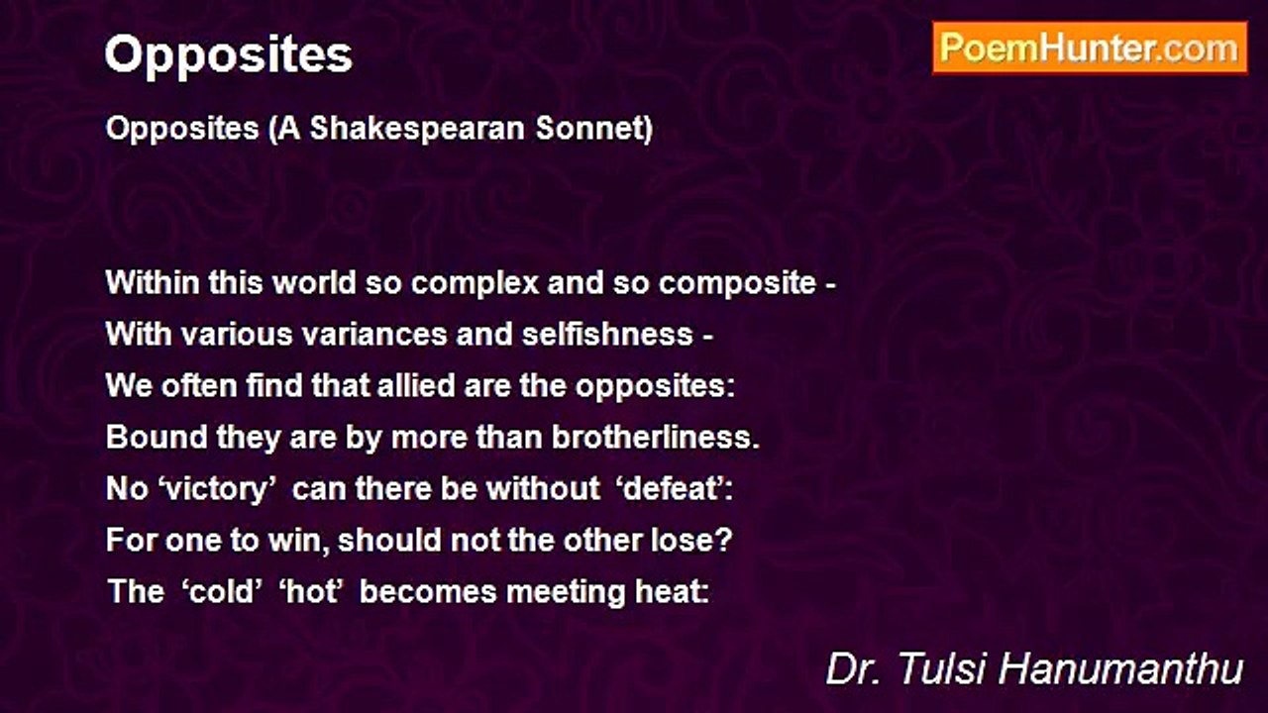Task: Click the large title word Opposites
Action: click(x=228, y=55)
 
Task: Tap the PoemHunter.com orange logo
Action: click(x=1090, y=49)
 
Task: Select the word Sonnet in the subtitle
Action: click(x=594, y=128)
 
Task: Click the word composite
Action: click(x=737, y=282)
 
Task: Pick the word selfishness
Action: click(x=607, y=334)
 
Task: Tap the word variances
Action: click(x=374, y=335)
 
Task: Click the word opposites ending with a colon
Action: click(x=655, y=386)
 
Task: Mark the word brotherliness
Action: click(x=656, y=437)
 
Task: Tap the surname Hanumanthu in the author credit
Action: click(x=1120, y=668)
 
